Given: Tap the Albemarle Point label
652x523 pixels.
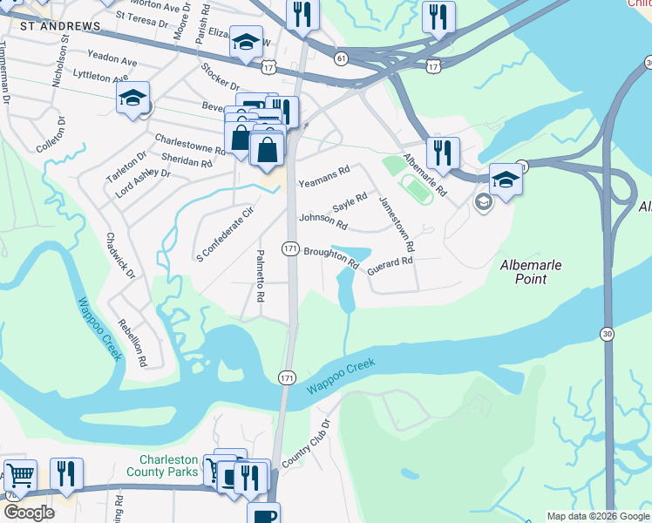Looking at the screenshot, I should [529, 272].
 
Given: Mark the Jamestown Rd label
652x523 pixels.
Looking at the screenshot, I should [397, 226].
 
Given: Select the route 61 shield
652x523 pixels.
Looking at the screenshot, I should [341, 58].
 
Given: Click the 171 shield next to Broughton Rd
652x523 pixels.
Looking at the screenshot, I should [291, 249].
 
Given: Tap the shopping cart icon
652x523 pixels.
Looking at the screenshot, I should [19, 476].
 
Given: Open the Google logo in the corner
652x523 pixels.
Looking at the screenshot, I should [29, 513].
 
